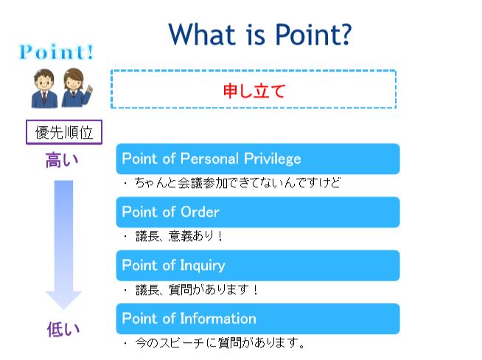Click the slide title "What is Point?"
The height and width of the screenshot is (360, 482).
pos(259,34)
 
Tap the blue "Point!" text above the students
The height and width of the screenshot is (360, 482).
pos(56,52)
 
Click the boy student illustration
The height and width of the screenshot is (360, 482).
pos(44,89)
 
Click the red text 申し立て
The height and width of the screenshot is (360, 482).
pos(254,91)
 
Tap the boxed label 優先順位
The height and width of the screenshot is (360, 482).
pos(64,132)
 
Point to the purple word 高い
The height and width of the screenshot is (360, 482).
pos(62,160)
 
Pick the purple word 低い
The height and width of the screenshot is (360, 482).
pos(63,329)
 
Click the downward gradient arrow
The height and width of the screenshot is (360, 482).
pos(63,245)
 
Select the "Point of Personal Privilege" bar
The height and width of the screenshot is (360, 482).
pos(258,159)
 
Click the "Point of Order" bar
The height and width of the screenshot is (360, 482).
pos(258,212)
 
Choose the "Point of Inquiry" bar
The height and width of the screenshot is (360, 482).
pos(258,266)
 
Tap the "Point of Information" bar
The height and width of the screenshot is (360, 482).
pos(258,319)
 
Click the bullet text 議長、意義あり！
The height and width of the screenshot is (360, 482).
pos(179,236)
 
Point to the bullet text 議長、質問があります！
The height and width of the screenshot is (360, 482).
pos(197,289)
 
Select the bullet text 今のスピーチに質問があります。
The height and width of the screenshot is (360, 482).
pos(220,343)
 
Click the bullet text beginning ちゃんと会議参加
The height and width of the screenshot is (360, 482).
pos(237,183)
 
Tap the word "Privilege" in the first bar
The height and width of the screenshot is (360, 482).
pos(273,159)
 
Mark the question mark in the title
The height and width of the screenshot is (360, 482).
pos(345,34)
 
